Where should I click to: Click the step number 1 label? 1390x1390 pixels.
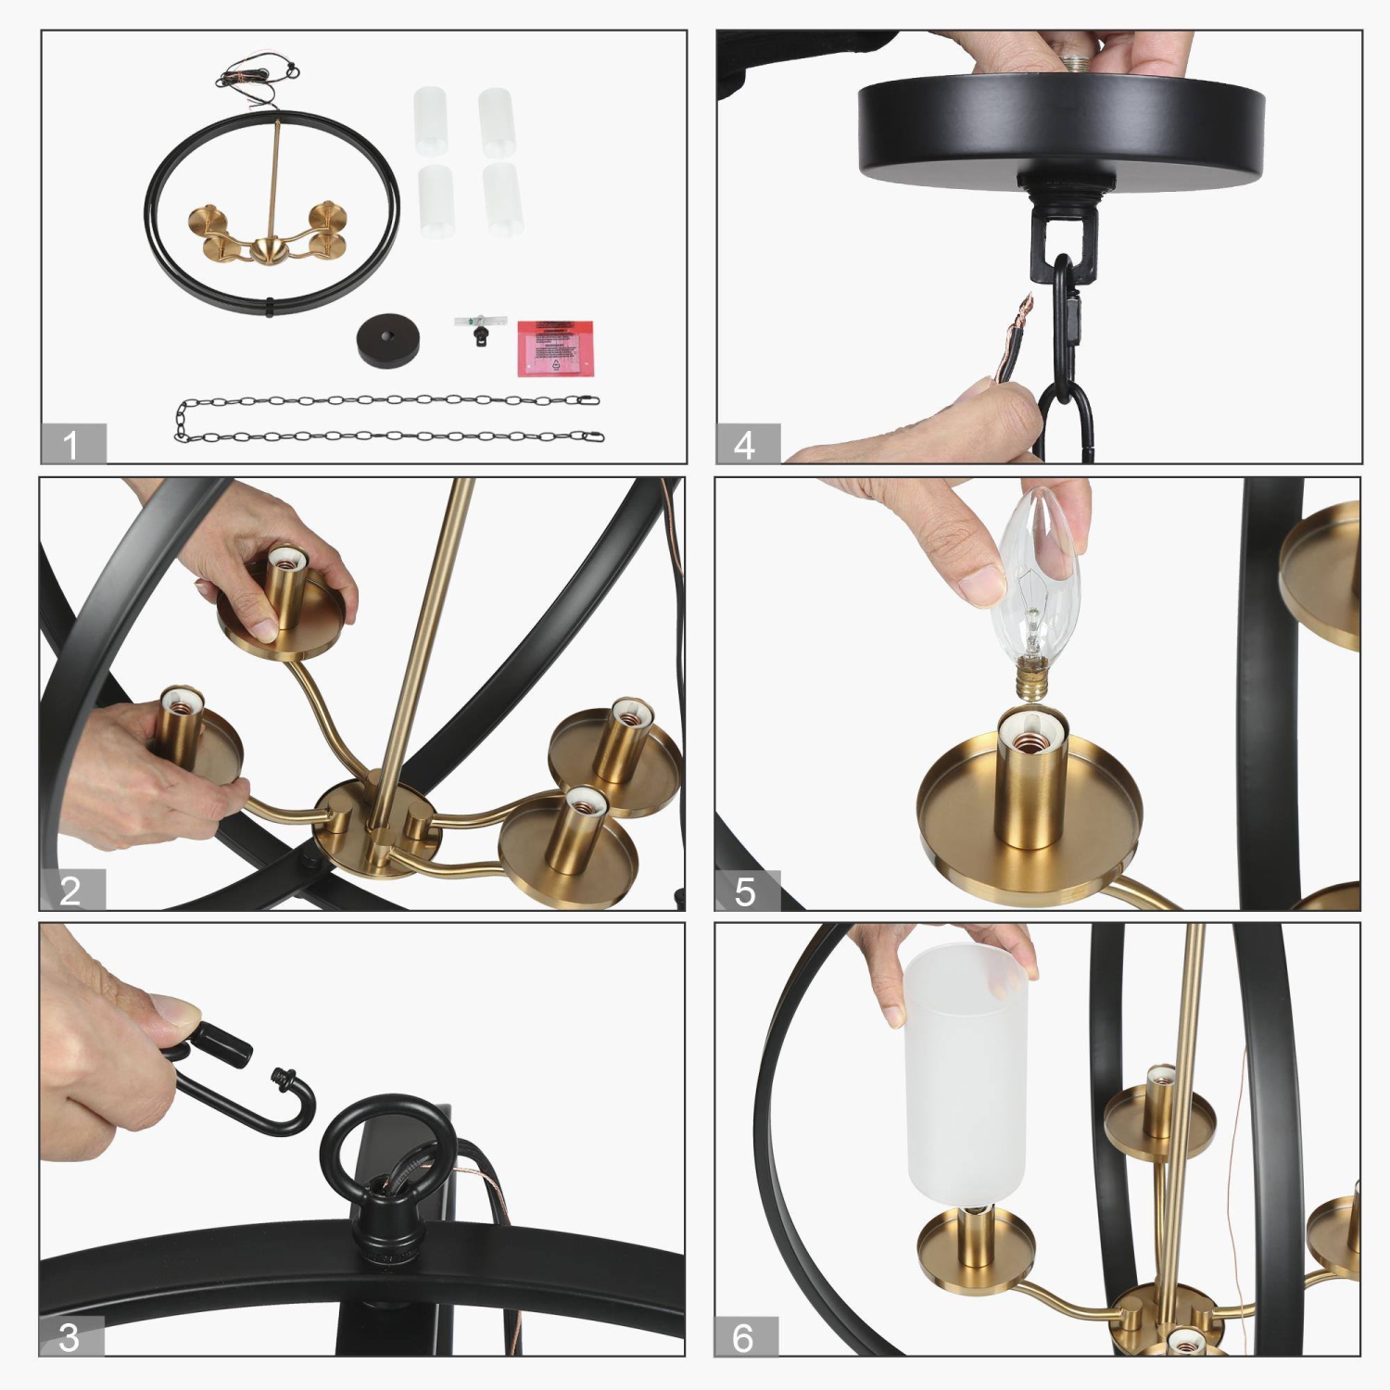[72, 444]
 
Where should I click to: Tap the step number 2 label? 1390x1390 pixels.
[71, 891]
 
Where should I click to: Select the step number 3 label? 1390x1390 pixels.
[70, 1337]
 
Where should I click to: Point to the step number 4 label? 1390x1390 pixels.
[747, 444]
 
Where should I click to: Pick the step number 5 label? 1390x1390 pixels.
[747, 891]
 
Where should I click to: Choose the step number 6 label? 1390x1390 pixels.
[745, 1337]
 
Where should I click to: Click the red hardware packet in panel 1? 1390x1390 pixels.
[554, 347]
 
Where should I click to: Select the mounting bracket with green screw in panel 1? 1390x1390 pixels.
[480, 326]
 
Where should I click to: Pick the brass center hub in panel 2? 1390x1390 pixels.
[375, 820]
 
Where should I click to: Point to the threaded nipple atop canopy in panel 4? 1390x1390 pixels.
[1077, 65]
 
